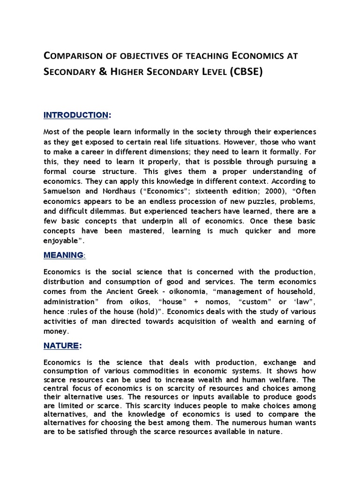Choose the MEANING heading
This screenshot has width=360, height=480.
tap(63, 255)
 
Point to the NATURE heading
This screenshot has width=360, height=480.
tap(60, 345)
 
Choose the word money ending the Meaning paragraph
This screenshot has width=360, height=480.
tap(56, 331)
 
